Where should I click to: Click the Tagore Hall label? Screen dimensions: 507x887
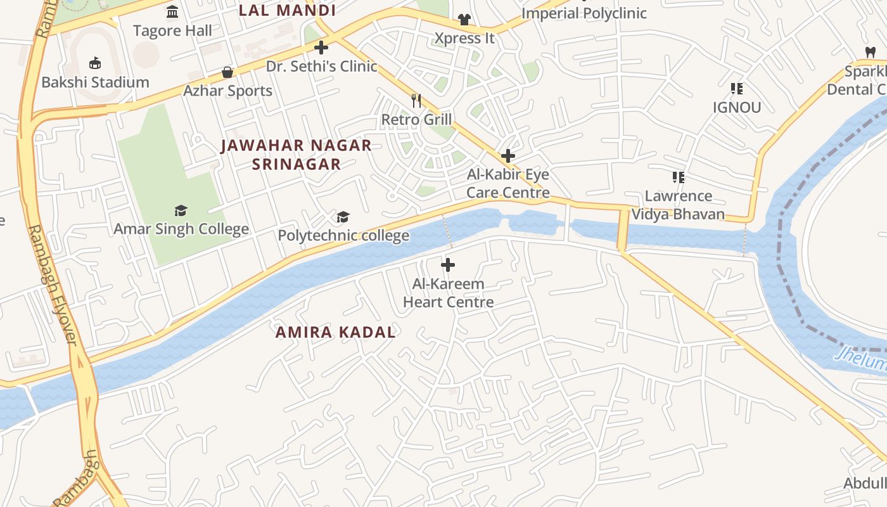(x=172, y=30)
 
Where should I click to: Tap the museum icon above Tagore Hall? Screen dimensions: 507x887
(x=172, y=12)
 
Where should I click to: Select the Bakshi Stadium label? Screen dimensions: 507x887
(x=95, y=82)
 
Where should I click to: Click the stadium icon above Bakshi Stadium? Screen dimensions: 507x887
(x=95, y=63)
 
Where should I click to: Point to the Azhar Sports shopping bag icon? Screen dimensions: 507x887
(x=227, y=72)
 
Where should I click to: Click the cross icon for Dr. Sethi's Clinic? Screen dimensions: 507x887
(x=321, y=48)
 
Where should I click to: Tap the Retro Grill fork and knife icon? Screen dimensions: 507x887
(x=416, y=100)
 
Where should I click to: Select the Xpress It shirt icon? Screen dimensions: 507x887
(x=464, y=20)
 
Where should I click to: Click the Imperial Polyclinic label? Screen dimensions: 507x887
(x=584, y=13)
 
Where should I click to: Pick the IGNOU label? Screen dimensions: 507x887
(x=736, y=107)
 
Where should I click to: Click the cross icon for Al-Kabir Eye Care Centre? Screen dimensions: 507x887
(x=507, y=156)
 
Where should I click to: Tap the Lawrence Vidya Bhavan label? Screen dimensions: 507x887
(x=678, y=205)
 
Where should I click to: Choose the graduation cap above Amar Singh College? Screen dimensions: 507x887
(x=181, y=210)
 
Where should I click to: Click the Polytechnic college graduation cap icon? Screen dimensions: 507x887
(x=343, y=217)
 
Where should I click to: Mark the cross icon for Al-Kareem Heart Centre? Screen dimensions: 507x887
(x=448, y=265)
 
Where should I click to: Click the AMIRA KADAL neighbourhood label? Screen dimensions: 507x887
(x=335, y=332)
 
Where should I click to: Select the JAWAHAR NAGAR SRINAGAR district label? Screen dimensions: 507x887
(x=296, y=155)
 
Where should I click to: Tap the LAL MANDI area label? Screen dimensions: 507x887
(x=287, y=10)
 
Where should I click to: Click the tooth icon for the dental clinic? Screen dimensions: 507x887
(x=870, y=52)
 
